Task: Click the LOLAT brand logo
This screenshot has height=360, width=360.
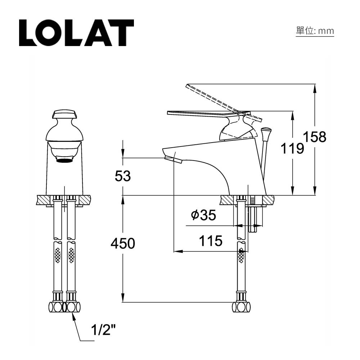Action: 76,33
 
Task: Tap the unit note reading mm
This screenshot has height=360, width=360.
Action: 315,31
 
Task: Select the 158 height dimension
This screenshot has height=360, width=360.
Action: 315,137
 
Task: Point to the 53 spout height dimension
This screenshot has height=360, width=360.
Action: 123,176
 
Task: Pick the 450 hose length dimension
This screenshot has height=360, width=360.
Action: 123,244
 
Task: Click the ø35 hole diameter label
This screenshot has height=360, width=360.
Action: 204,215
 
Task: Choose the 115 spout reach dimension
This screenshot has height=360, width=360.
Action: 211,241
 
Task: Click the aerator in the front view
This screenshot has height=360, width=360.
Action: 64,160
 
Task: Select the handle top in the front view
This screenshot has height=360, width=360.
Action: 65,114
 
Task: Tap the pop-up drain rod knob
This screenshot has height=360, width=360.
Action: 266,130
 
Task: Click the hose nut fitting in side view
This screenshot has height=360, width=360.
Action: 241,307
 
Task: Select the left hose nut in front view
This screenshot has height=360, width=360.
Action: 56,307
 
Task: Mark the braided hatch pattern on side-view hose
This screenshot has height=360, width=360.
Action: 241,255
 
